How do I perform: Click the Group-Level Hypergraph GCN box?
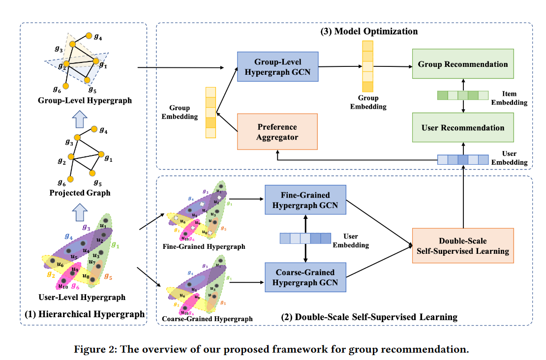click(277, 67)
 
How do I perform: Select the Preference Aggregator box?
click(277, 132)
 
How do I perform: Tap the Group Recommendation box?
click(463, 64)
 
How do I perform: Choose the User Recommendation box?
click(463, 128)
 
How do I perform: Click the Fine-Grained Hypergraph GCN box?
click(305, 200)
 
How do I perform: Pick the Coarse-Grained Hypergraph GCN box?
click(305, 277)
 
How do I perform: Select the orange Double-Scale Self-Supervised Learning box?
click(463, 246)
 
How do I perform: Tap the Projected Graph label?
click(80, 193)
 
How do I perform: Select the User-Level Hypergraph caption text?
click(82, 297)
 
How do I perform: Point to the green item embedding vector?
click(463, 95)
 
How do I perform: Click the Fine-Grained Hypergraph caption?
click(203, 246)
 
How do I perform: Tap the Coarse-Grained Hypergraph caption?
click(207, 319)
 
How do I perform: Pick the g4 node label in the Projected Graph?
click(103, 130)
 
